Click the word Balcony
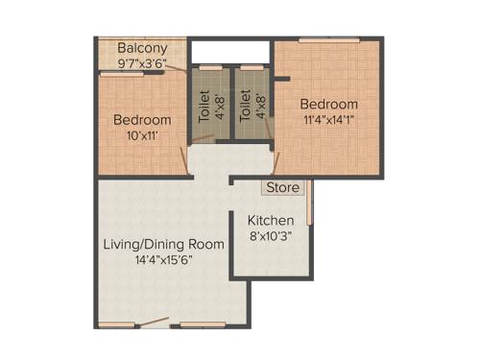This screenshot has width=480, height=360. coord(142,48)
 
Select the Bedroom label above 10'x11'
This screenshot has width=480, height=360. coord(142,120)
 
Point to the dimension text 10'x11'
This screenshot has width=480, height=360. coord(142,135)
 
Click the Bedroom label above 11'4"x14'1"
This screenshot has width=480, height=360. coord(328,104)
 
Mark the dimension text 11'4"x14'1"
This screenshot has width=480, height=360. coord(328,119)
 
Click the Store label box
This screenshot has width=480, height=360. coord(283,187)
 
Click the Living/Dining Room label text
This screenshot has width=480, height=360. coord(163,244)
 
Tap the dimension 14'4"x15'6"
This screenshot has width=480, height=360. coord(163,260)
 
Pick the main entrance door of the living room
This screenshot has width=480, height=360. coord(154,325)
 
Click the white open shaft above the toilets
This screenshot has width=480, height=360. coord(230,51)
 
